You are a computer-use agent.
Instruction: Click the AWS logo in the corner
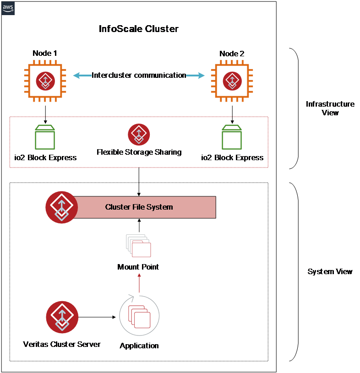8,8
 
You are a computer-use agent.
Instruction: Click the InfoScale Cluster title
138,29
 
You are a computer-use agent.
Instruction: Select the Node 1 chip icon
45,81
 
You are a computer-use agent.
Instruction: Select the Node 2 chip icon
232,81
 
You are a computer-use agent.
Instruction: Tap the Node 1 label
45,54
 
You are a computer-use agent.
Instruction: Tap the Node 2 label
232,54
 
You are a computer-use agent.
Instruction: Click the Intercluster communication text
139,76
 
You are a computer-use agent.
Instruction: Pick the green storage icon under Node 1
45,137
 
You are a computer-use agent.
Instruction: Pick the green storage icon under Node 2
232,137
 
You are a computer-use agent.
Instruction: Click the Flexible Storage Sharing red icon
139,135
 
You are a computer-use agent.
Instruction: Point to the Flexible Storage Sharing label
139,152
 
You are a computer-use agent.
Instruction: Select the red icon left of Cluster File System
61,207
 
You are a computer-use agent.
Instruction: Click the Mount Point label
138,267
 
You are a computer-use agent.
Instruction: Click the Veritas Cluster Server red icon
62,317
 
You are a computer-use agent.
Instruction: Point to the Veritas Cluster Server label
62,344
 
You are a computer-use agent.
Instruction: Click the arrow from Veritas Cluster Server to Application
97,317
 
